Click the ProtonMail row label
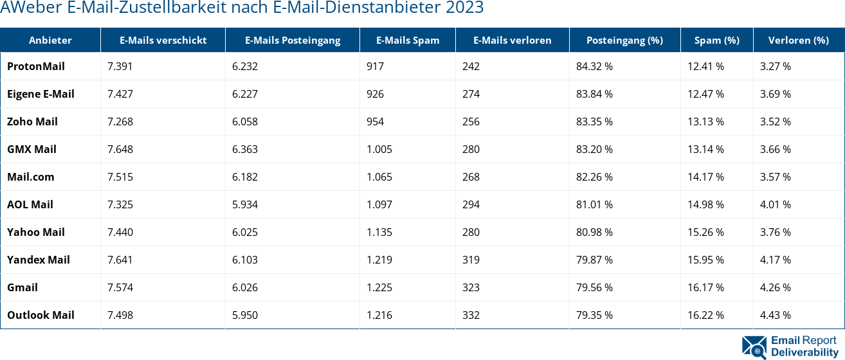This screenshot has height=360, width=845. (x=36, y=66)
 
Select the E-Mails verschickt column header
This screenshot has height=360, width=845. (x=163, y=40)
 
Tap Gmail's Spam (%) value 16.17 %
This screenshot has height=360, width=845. (x=705, y=287)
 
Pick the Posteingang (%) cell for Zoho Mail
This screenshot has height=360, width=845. (x=594, y=122)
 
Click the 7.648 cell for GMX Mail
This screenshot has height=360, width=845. (x=120, y=149)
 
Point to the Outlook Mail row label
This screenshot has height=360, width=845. (x=41, y=315)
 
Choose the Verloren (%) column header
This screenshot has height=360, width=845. (x=798, y=40)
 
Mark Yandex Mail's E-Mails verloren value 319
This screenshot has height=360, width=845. (x=471, y=260)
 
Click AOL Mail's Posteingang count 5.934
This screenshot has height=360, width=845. (x=245, y=204)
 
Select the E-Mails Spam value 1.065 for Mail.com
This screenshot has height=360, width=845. (x=379, y=177)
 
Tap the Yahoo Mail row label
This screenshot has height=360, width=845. (x=36, y=232)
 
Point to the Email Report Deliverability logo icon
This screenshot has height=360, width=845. (x=754, y=346)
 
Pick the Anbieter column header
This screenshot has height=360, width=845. (x=50, y=40)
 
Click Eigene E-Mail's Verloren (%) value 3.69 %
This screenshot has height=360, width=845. (x=776, y=94)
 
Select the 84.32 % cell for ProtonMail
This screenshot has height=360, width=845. (x=594, y=66)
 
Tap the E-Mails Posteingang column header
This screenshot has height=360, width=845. (x=293, y=40)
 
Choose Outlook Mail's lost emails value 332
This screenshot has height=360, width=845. (x=471, y=315)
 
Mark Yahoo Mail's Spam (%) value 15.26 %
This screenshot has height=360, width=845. (x=705, y=232)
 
